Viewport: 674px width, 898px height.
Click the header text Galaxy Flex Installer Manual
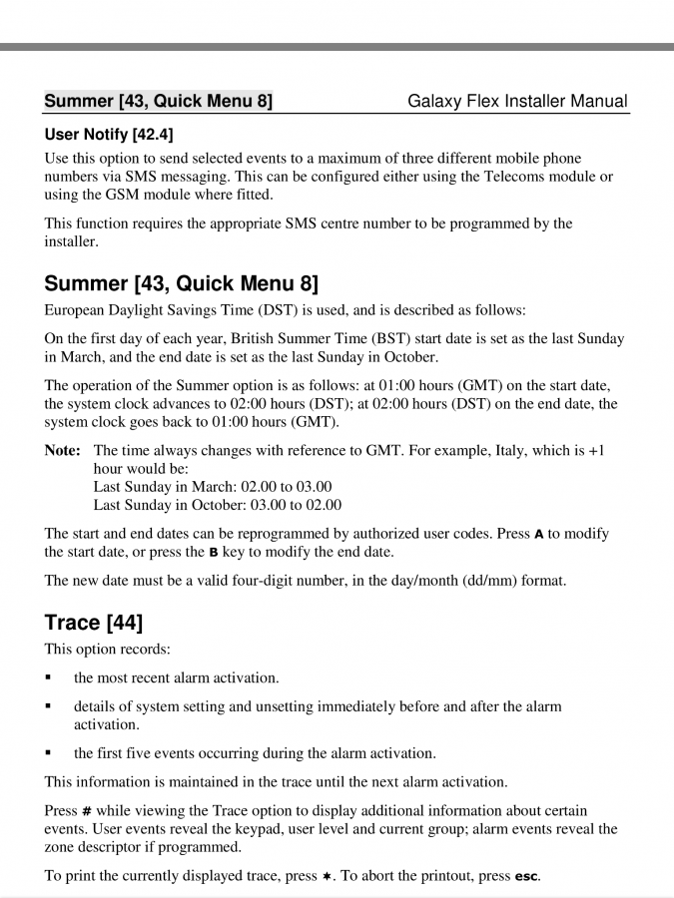[x=517, y=101]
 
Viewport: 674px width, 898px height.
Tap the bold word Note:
[x=63, y=451]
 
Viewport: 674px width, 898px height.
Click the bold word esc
[x=526, y=877]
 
